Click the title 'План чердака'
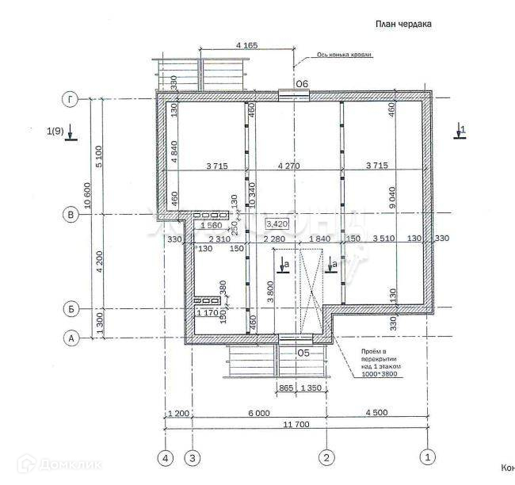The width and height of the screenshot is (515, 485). click(x=402, y=25)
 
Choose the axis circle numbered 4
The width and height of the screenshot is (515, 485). click(x=166, y=457)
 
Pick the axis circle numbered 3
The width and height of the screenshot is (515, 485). click(x=193, y=457)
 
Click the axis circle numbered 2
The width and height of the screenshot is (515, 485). click(x=326, y=457)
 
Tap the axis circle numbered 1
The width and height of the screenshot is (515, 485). click(x=428, y=457)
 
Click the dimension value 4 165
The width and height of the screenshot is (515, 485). click(x=247, y=46)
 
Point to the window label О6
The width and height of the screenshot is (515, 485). click(x=302, y=83)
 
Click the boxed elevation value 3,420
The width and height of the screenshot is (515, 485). click(x=277, y=224)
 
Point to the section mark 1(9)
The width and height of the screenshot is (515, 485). click(x=55, y=131)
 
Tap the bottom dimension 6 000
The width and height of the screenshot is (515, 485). click(x=258, y=413)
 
